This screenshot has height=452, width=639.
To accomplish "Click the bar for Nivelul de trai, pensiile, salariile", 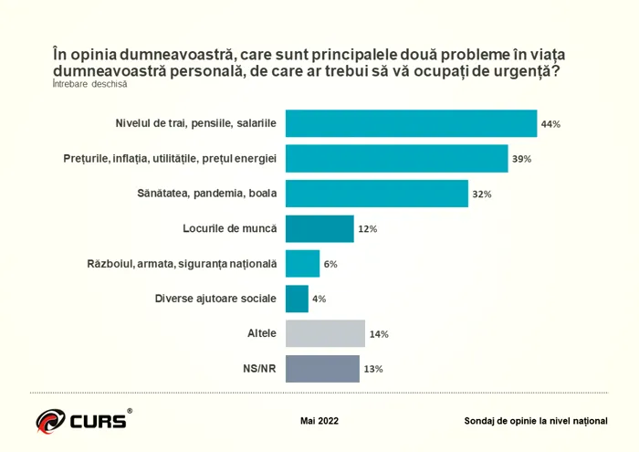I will [411, 123].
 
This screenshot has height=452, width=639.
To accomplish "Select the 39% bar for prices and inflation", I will [396, 158].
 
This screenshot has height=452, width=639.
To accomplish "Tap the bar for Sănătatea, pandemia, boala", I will [376, 194].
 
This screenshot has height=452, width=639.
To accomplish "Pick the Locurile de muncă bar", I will [319, 228].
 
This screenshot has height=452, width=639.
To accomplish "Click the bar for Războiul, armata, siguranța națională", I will [302, 264].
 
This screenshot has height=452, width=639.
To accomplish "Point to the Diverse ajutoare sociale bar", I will [297, 299].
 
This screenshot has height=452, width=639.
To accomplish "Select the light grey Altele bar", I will [325, 333].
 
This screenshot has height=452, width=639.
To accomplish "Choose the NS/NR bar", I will [321, 369].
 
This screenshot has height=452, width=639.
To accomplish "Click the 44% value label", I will [550, 124].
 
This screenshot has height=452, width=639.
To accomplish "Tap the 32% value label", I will [482, 194].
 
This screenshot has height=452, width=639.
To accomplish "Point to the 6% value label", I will [330, 265].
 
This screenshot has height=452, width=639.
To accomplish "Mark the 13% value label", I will [372, 370].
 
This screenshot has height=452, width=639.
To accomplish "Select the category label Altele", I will [261, 333].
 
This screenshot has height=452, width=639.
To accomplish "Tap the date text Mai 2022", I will [319, 421].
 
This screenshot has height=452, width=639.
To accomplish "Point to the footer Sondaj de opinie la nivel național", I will [535, 421].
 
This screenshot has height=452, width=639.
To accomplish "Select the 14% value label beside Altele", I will [379, 334].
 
